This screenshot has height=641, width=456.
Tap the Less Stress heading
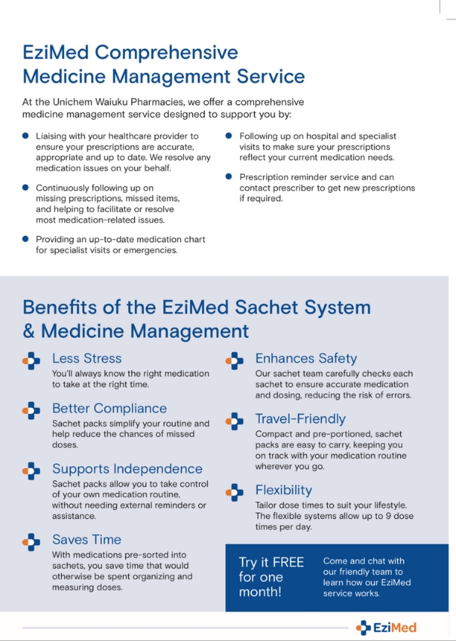pos(87,358)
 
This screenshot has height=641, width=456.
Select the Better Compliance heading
pos(109,408)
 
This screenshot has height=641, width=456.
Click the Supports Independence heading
pos(127,469)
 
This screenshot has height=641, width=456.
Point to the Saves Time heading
pos(87,539)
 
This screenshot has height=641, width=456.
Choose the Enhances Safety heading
pos(306,358)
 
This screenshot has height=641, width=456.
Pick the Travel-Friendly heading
pos(300,419)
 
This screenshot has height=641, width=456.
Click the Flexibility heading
pos(283,490)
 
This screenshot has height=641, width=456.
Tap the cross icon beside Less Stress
pos(31,361)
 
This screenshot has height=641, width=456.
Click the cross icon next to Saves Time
pos(31,542)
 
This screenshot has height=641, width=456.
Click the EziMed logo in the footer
pos(386,627)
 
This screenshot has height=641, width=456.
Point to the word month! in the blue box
pos(260,592)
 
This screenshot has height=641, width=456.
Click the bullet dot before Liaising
pos(26,136)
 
